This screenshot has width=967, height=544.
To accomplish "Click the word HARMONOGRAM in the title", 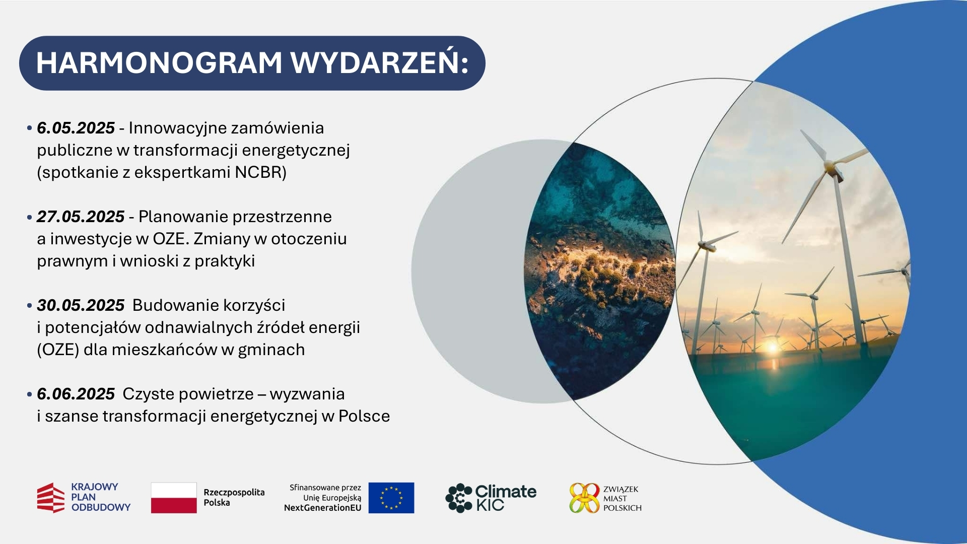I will point(159,63).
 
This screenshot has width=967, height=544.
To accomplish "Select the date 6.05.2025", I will point(76,128).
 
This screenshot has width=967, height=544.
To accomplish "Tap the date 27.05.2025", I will point(81,217).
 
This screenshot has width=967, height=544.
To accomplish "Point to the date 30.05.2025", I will point(81,305).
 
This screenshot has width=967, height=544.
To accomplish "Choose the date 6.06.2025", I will point(76,394).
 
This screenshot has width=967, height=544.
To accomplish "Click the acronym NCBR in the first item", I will point(260,172).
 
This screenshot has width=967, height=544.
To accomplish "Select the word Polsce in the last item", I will point(364,416).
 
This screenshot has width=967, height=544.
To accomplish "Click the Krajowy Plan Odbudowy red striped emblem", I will point(51,498).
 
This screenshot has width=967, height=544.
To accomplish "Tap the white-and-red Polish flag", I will point(174,498).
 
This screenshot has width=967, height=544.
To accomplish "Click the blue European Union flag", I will point(391,498).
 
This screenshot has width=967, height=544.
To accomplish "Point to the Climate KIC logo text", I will point(505,498).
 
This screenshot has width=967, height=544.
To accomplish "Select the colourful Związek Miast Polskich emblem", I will point(584,498).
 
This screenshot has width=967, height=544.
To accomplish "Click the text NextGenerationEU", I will point(323,508).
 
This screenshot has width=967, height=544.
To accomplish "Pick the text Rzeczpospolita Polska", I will point(234,497).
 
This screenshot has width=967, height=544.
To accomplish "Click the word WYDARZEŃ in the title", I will point(379,63).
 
